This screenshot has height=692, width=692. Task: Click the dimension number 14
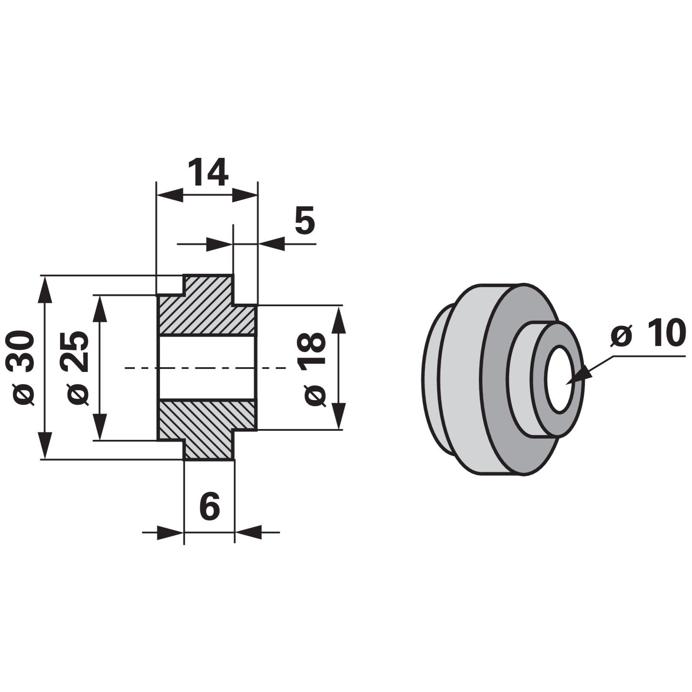pyautogui.click(x=208, y=172)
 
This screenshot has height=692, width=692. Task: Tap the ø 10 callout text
pyautogui.click(x=648, y=334)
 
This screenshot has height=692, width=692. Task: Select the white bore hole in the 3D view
pyautogui.click(x=561, y=379)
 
